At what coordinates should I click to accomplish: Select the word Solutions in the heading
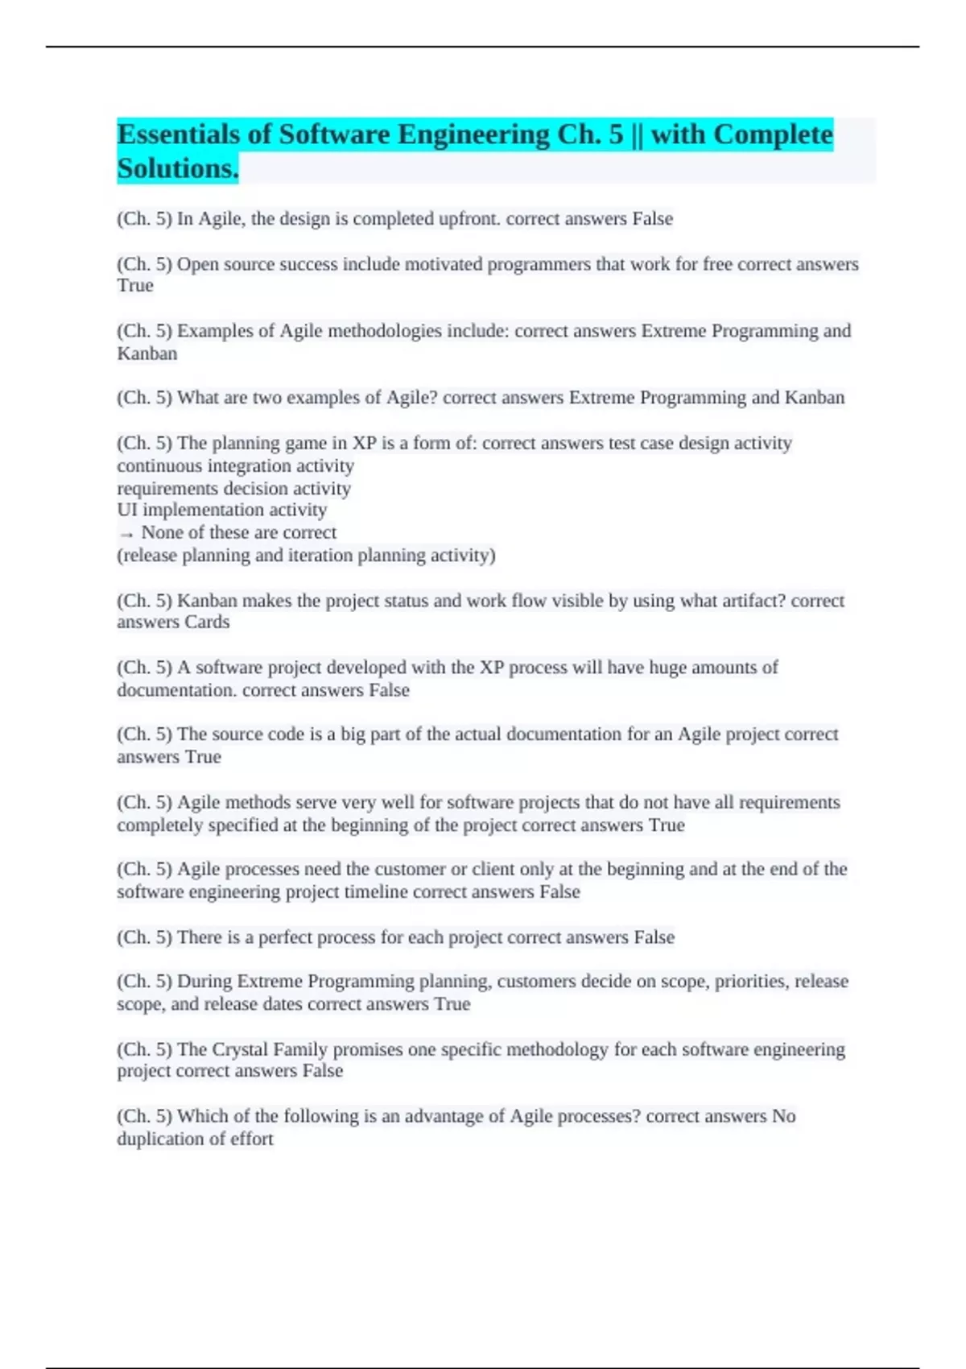pyautogui.click(x=177, y=168)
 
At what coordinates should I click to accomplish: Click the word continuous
pyautogui.click(x=159, y=466)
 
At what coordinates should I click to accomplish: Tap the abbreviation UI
pyautogui.click(x=127, y=510)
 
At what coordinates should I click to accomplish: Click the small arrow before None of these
pyautogui.click(x=126, y=533)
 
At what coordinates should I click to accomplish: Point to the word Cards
pyautogui.click(x=207, y=622)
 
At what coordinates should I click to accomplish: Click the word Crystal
pyautogui.click(x=241, y=1050)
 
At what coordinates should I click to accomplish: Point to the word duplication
pyautogui.click(x=154, y=1139)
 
